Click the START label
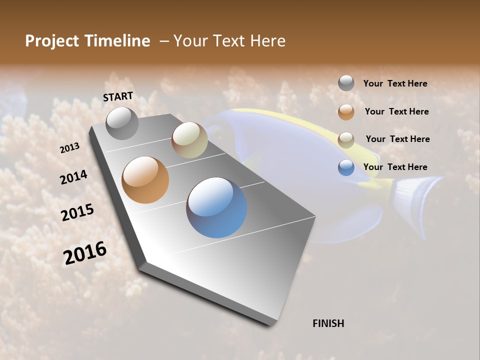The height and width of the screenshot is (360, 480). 118,96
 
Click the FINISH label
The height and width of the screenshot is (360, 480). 328,323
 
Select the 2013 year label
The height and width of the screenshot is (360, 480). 69,148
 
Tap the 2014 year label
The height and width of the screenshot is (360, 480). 73,177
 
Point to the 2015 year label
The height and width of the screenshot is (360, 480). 77,212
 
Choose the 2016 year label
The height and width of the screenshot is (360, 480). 85,253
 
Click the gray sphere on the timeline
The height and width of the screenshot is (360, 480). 122,123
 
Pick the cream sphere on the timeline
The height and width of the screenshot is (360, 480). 189,140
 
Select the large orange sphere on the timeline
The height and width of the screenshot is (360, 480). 145,180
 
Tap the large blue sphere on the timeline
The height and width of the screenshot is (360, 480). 216,207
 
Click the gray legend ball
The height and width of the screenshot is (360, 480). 346,83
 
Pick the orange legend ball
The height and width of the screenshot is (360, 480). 346,111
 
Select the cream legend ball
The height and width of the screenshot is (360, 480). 346,139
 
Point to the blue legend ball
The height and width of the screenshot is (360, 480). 346,167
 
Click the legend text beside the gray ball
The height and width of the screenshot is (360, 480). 395,83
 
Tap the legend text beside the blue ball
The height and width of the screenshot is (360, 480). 395,167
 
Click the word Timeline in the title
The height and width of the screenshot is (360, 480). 118,41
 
